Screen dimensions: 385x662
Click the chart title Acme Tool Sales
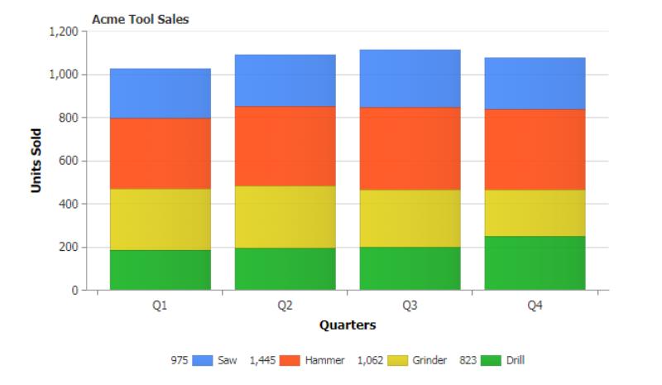(141, 19)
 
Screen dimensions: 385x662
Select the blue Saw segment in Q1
(160, 93)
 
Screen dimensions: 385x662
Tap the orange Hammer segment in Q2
(285, 146)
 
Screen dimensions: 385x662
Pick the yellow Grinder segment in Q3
(410, 219)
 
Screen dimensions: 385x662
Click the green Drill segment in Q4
(535, 262)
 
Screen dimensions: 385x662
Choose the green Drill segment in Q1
(160, 270)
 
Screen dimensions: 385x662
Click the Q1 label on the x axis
(160, 306)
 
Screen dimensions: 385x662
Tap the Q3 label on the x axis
(410, 306)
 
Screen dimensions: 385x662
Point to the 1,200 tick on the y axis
(64, 31)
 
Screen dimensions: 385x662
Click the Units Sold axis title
(36, 161)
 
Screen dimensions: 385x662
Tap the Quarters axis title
(348, 325)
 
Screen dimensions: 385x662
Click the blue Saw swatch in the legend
(203, 360)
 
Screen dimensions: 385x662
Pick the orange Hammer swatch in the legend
(290, 360)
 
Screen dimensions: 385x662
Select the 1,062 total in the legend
(371, 360)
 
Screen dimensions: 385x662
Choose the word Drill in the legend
(515, 360)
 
